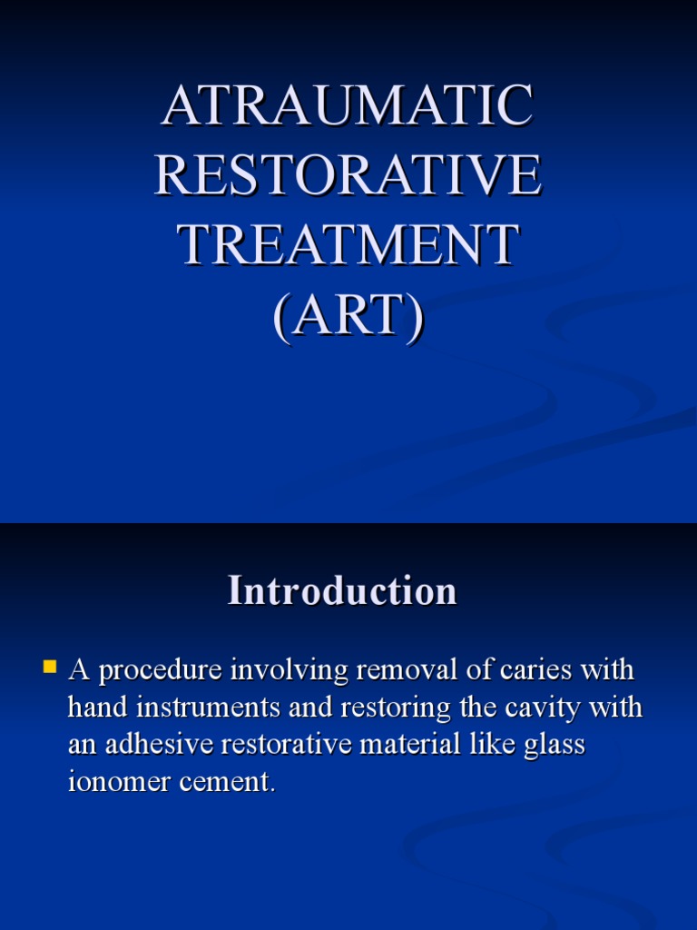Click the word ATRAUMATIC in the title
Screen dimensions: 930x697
[x=348, y=105]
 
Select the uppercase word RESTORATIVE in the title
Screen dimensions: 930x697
[x=348, y=175]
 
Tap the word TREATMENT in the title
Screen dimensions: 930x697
[x=348, y=245]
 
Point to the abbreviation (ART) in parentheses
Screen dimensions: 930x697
[x=348, y=315]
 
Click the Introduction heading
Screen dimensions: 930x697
[x=342, y=591]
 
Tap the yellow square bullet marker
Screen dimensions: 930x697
[x=50, y=668]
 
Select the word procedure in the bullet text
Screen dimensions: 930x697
[x=160, y=672]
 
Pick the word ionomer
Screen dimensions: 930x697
[x=123, y=782]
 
